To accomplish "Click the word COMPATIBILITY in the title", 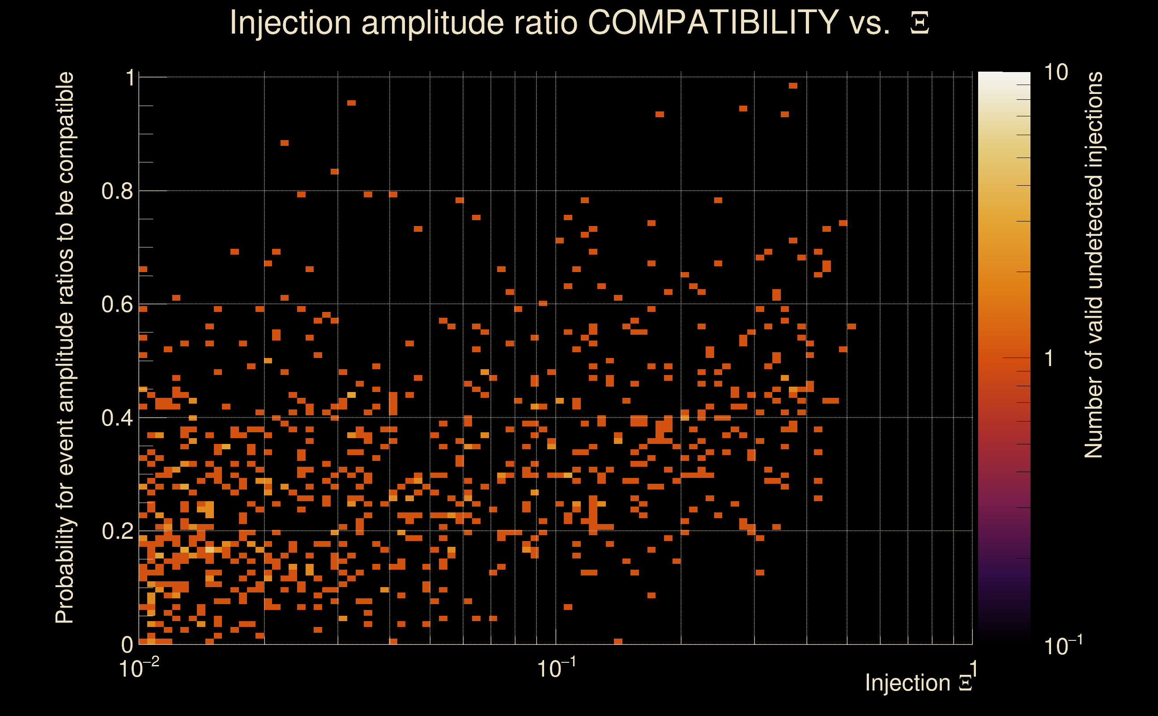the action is click(x=713, y=22).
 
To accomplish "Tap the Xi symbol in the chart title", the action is click(x=920, y=23).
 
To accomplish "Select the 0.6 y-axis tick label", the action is click(x=117, y=304).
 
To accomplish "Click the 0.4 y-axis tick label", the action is click(x=117, y=418).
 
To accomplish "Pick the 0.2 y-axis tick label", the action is click(x=117, y=531).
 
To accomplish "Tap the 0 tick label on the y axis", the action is click(x=128, y=644).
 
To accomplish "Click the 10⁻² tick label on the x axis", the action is click(x=139, y=668).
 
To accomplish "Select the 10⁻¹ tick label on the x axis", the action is click(x=556, y=668).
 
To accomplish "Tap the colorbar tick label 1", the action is click(x=1049, y=358).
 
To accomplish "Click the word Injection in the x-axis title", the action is click(x=907, y=683).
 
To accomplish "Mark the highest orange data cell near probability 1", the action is click(x=793, y=86).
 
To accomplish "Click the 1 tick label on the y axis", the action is click(x=130, y=78).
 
